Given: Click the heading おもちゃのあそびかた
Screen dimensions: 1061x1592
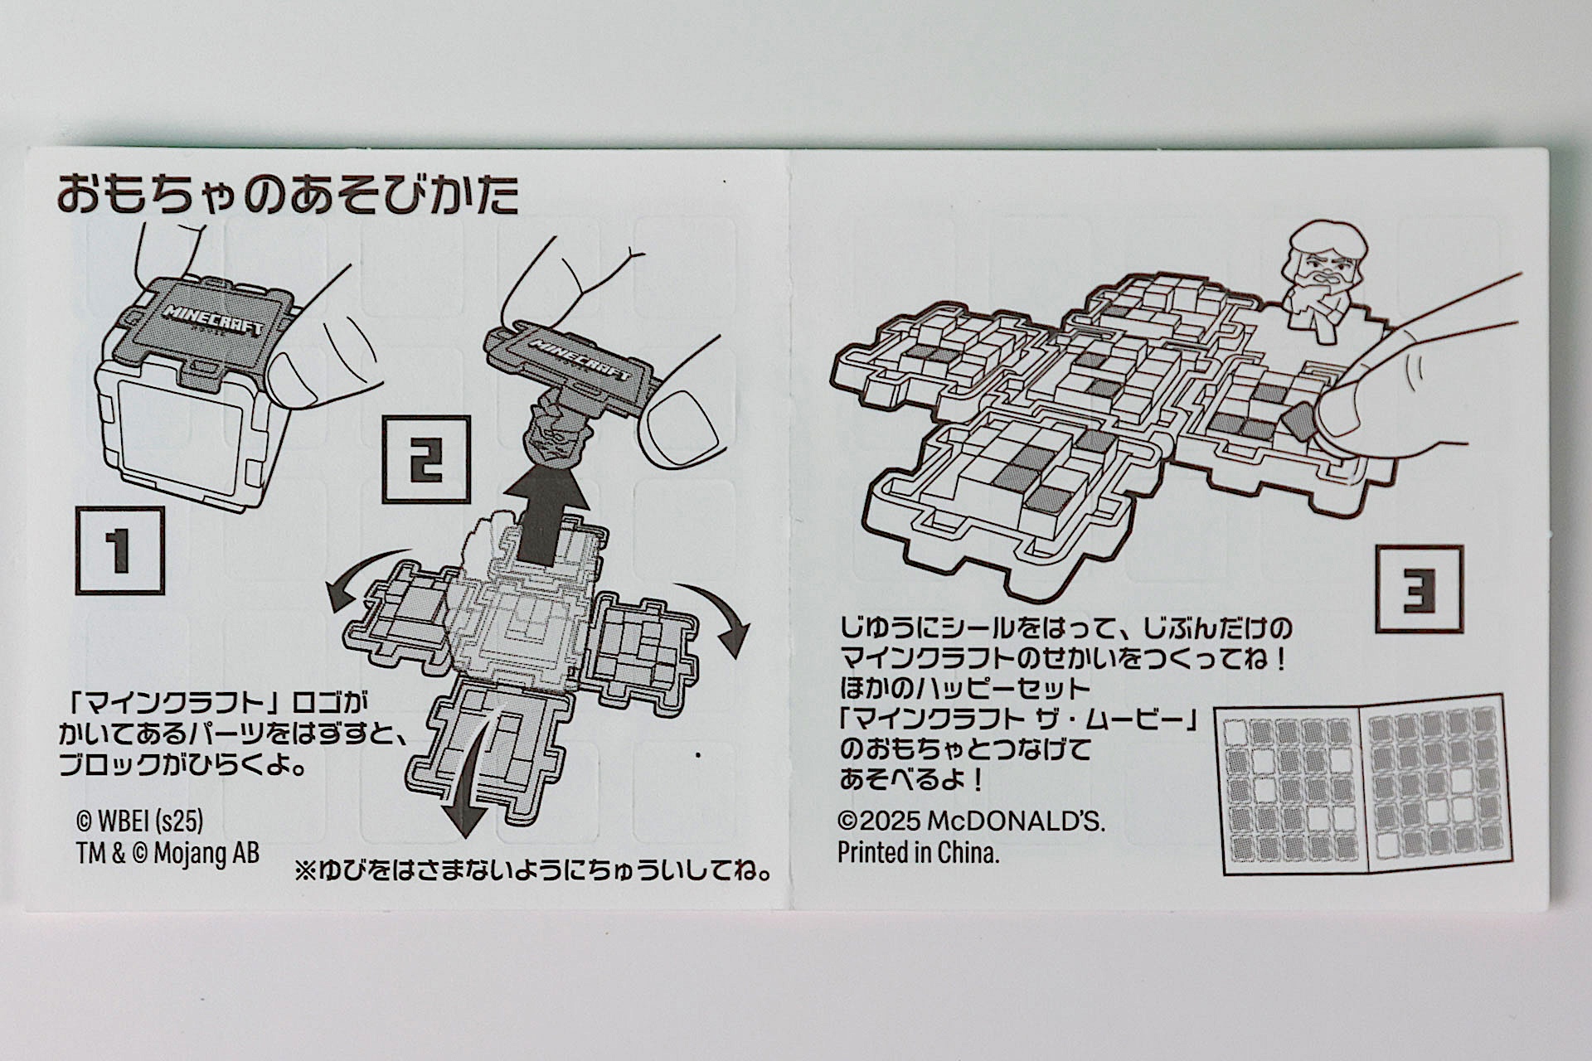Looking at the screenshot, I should click(x=288, y=195).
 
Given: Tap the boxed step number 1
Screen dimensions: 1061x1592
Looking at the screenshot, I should click(x=119, y=551).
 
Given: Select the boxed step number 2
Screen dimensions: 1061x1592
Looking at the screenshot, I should click(x=426, y=460).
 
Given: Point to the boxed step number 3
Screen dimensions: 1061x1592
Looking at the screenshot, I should click(x=1419, y=589).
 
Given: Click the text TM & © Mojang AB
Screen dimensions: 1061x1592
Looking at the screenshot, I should click(x=167, y=853).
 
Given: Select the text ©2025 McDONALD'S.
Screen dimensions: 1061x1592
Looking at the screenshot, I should click(x=971, y=821).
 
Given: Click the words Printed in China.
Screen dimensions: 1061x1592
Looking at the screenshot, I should click(x=918, y=853).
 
